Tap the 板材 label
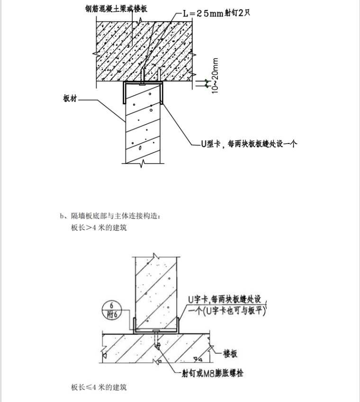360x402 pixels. [69, 99]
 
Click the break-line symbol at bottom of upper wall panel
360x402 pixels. [144, 163]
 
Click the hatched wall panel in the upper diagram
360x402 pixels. [143, 125]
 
